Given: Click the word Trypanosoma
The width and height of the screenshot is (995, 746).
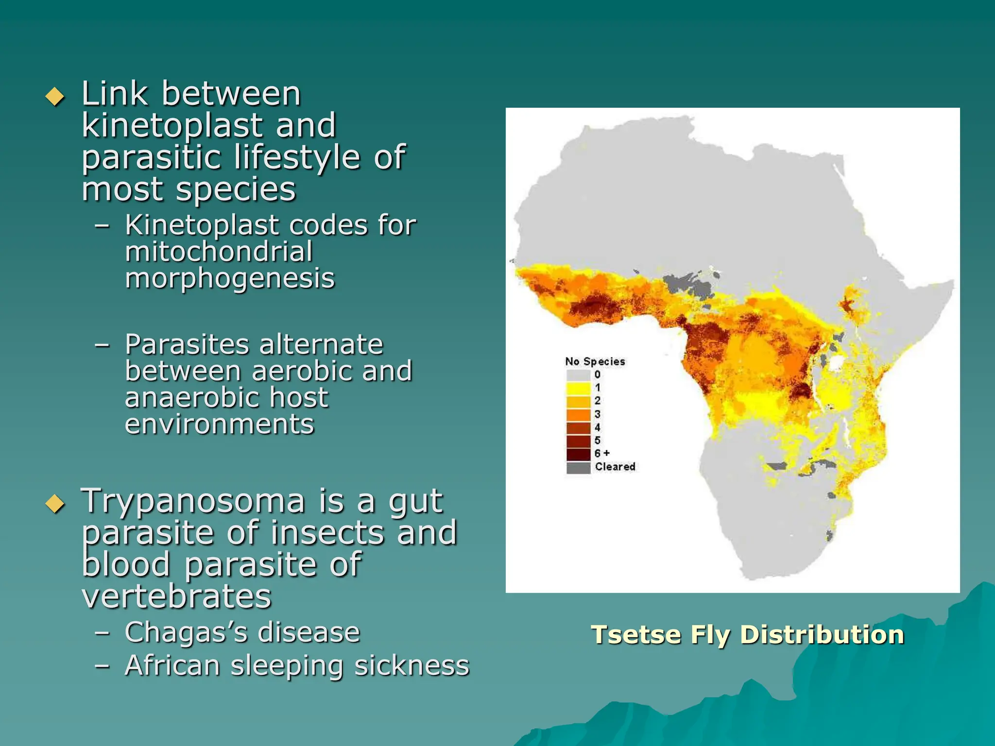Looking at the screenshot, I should [192, 502].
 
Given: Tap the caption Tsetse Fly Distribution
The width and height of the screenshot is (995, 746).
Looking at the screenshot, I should [747, 635].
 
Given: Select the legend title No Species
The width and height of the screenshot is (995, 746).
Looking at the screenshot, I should [595, 361].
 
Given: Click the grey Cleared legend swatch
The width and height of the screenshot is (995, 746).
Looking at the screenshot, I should [578, 467].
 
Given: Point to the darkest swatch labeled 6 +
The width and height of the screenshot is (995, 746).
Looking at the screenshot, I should [578, 454].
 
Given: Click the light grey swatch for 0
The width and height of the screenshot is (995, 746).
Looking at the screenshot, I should [578, 375].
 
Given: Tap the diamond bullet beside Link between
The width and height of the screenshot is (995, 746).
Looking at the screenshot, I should [55, 96].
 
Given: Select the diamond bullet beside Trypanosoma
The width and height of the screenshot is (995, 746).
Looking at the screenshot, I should [55, 504].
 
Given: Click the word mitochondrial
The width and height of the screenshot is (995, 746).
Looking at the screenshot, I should [219, 252].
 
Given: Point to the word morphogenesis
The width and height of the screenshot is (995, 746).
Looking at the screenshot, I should [230, 279].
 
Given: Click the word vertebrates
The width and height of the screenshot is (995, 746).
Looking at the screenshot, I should [176, 596].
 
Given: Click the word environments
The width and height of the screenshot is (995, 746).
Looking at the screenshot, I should [220, 424].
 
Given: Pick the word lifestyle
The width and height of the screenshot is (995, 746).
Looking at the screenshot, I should [297, 157].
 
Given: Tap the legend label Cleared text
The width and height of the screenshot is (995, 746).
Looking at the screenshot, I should [615, 467].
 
